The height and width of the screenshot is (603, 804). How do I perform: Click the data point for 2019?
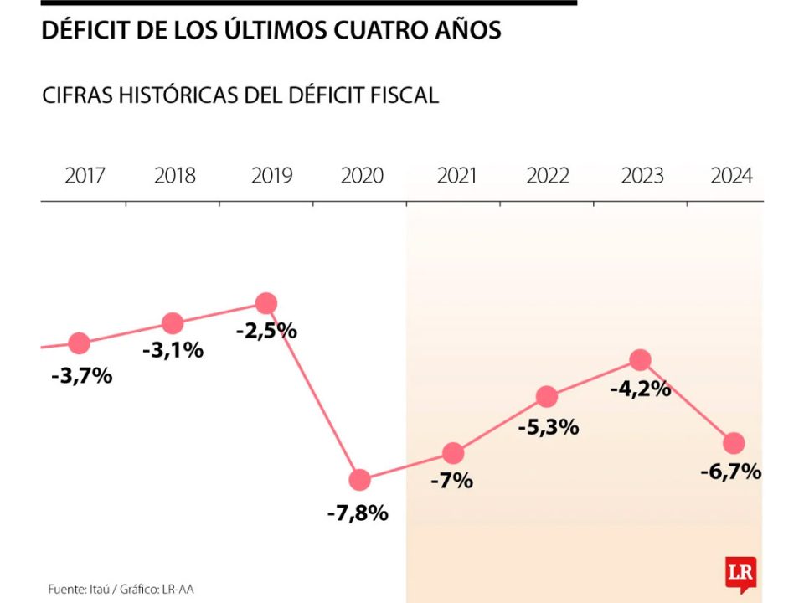266,303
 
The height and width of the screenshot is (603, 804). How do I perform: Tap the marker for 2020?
359,480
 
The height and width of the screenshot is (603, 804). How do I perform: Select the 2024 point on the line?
734,443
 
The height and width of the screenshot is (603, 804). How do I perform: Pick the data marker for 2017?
80,343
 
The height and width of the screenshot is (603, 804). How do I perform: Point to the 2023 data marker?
640,360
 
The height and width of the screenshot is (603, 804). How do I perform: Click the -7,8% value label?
358,513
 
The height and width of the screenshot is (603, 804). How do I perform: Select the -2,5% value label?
266,330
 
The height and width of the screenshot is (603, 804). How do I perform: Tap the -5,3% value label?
549,427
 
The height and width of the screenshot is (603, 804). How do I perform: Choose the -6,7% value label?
731,472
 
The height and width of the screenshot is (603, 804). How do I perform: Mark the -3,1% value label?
173,350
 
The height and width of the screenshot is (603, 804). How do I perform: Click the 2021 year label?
456,176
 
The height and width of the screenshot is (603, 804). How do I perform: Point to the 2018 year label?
175,176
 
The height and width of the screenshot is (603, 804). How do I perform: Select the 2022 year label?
548,176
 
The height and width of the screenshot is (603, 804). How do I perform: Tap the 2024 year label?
731,176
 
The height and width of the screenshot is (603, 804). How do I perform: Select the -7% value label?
453,481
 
